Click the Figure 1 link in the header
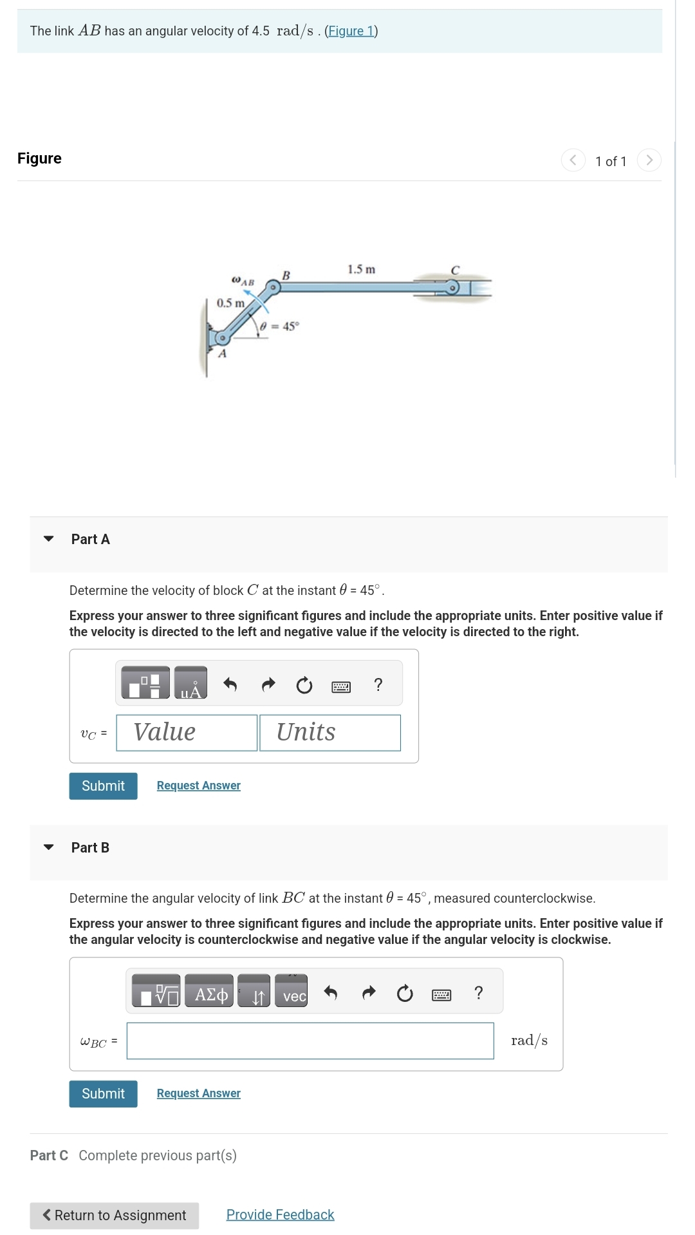351,31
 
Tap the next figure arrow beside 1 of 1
649,160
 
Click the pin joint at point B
273,288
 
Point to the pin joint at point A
222,337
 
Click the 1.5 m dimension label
361,269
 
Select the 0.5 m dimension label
230,303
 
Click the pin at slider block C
453,288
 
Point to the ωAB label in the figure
243,281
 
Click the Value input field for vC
187,733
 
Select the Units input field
329,733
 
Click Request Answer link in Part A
198,786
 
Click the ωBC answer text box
310,1041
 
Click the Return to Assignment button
114,1215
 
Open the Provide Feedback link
280,1214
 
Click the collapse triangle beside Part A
48,539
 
